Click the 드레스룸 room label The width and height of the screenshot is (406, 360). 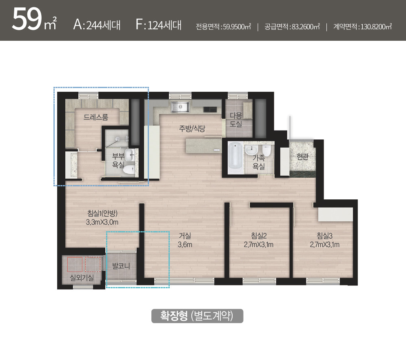tap(95, 117)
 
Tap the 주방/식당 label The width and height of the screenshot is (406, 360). tap(192, 128)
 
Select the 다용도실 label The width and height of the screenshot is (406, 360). tap(235, 119)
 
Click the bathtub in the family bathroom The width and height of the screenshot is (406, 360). tap(235, 158)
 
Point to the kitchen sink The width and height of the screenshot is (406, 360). tap(180, 107)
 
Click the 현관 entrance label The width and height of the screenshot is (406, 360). tap(302, 157)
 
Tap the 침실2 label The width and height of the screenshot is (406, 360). tap(259, 236)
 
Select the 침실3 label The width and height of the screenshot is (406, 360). tap(324, 236)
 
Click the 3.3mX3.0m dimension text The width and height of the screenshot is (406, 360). tap(102, 222)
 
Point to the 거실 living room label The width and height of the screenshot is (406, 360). tap(185, 236)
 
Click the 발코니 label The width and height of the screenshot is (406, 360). tap(121, 266)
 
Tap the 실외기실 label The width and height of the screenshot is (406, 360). tap(82, 278)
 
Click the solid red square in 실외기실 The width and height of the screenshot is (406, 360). tap(75, 264)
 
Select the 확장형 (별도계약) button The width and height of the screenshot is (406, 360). tap(197, 316)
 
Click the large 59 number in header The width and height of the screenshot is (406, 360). tap(27, 19)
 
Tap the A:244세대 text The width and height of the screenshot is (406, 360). tap(97, 25)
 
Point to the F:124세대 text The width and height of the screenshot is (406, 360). tap(158, 25)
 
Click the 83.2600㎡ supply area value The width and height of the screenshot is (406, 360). tap(306, 27)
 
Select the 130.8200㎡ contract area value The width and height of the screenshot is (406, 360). tap(376, 27)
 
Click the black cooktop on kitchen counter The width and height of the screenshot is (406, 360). tap(210, 109)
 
